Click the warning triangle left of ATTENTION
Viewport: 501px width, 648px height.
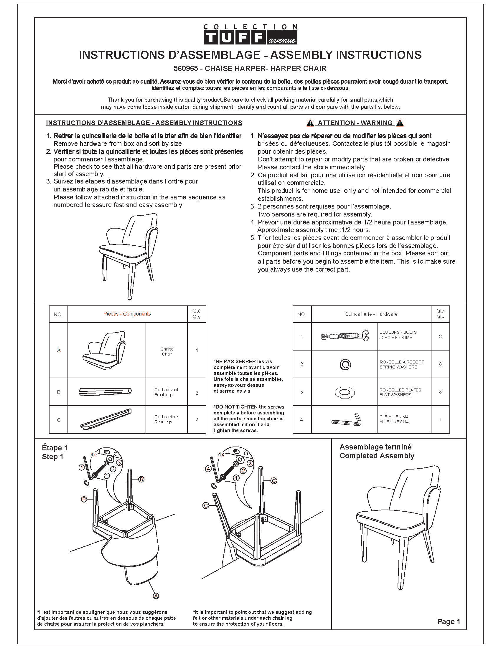pyautogui.click(x=310, y=123)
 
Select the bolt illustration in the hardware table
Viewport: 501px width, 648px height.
pyautogui.click(x=345, y=336)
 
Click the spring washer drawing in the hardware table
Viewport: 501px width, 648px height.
pyautogui.click(x=345, y=365)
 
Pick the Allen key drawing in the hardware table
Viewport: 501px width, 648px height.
pyautogui.click(x=346, y=419)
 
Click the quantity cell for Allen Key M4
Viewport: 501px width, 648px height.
pyautogui.click(x=440, y=419)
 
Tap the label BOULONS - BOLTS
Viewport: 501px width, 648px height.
pyautogui.click(x=398, y=332)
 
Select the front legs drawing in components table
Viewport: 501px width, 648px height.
pyautogui.click(x=106, y=392)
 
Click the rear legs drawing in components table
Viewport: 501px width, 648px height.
pyautogui.click(x=106, y=419)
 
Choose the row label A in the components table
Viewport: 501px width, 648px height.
pyautogui.click(x=59, y=351)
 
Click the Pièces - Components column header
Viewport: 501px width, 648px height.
pyautogui.click(x=127, y=314)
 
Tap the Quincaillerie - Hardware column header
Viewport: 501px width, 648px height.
pyautogui.click(x=371, y=314)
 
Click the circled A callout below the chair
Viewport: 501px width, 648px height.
pyautogui.click(x=156, y=596)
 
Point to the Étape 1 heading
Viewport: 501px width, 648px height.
pyautogui.click(x=55, y=448)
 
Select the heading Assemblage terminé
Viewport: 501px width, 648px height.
pyautogui.click(x=375, y=447)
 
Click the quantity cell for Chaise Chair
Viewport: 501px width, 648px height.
pyautogui.click(x=197, y=351)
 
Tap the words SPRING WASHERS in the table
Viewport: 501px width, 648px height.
pyautogui.click(x=398, y=367)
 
